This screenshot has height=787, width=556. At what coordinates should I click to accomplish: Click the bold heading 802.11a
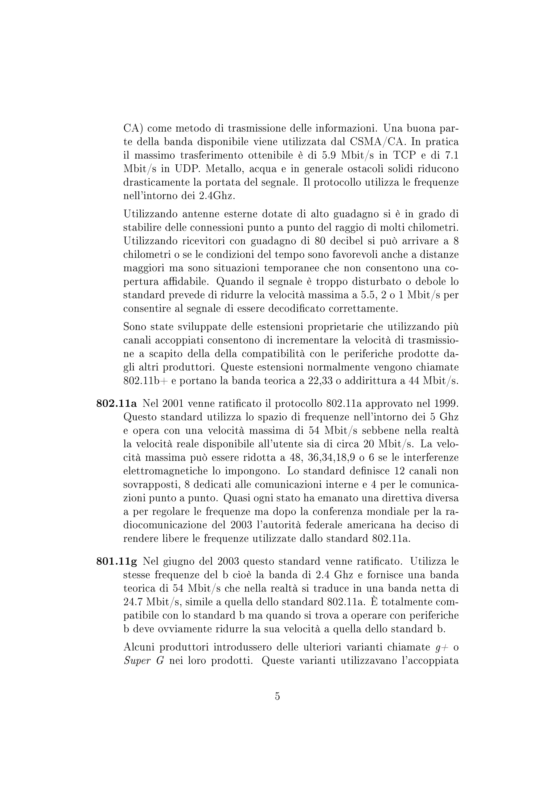click(116, 404)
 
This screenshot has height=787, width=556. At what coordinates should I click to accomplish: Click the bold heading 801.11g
click(116, 561)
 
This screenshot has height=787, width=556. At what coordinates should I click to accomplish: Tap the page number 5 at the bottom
click(277, 696)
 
